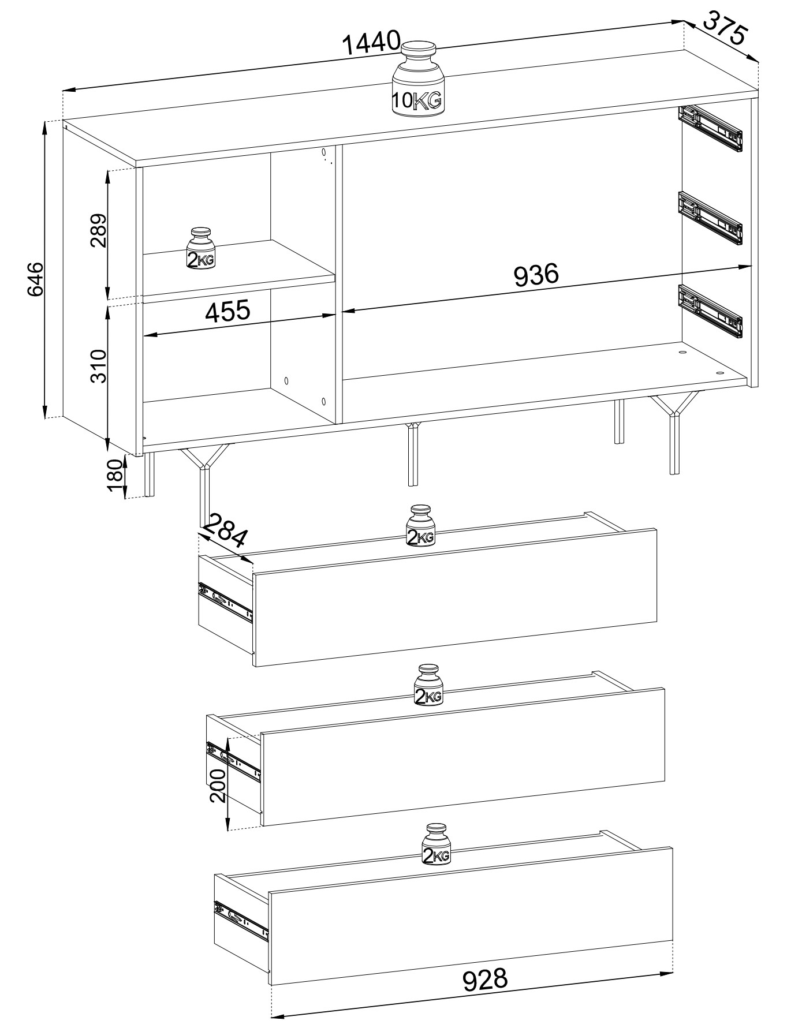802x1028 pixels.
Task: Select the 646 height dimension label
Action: click(35, 279)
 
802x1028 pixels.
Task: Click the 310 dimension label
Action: click(98, 365)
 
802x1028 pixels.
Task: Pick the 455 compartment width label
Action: click(228, 311)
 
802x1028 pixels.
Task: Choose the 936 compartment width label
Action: click(536, 275)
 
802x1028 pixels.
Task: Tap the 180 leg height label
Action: click(115, 476)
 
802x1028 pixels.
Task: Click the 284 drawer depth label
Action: click(226, 530)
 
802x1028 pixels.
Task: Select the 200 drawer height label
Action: click(218, 786)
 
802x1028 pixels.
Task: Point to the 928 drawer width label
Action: click(485, 978)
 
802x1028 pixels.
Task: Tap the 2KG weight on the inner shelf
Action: click(200, 248)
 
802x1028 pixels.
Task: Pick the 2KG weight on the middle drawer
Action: click(428, 685)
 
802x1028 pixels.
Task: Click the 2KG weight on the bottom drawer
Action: click(436, 844)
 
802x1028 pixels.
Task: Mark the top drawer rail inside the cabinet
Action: click(710, 129)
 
